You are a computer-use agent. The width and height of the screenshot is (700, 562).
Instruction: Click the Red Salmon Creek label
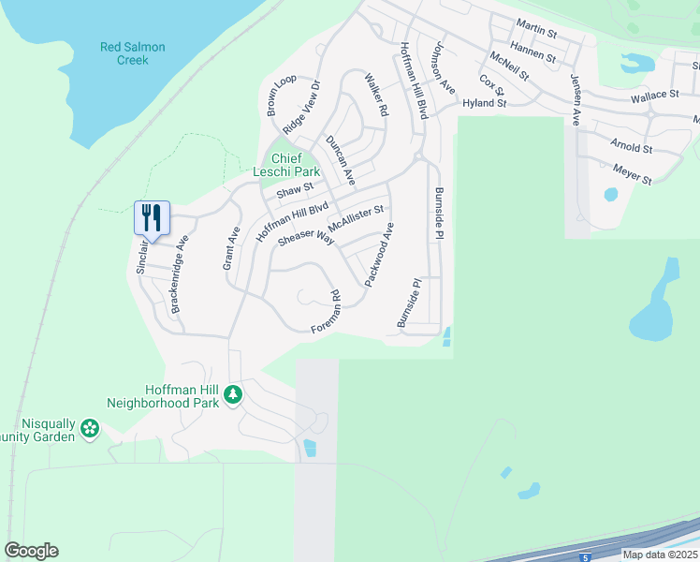(133, 53)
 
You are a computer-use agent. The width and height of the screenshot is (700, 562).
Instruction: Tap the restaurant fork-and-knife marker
(151, 218)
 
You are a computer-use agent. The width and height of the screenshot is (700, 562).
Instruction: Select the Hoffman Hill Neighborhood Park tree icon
(233, 396)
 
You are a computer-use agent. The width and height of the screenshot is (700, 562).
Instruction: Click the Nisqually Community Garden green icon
(90, 429)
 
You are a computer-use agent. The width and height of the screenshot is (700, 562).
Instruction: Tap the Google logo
(31, 551)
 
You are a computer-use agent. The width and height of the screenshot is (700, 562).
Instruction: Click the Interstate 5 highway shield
(585, 557)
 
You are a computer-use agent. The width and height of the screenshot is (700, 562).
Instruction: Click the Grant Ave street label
(230, 248)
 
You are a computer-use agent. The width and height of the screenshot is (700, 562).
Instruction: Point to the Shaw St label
(293, 191)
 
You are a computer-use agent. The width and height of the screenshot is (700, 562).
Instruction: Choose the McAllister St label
(356, 221)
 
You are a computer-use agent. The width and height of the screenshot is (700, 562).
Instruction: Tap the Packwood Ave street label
(380, 254)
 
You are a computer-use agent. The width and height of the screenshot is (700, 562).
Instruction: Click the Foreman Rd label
(327, 313)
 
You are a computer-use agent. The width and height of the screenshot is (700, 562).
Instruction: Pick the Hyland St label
(484, 102)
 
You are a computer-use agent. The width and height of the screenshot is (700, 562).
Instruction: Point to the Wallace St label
(654, 96)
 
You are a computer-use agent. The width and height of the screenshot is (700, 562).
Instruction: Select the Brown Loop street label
(281, 96)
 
